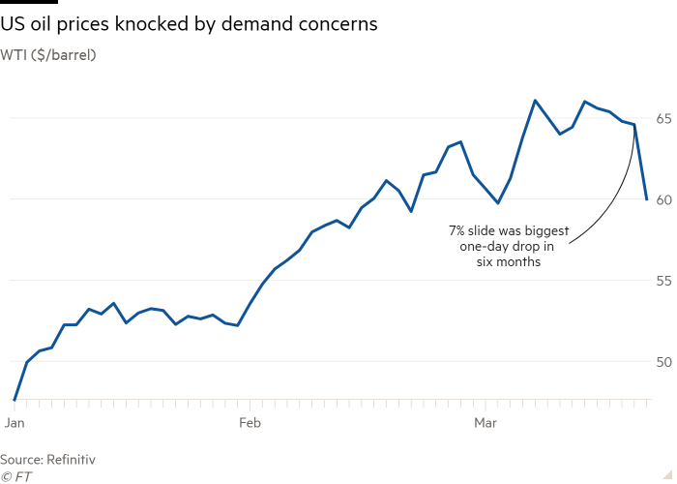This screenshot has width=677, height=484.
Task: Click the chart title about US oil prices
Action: pyautogui.click(x=189, y=23)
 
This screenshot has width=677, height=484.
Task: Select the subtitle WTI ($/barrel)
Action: pyautogui.click(x=54, y=54)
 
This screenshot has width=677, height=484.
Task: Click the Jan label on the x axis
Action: pyautogui.click(x=15, y=423)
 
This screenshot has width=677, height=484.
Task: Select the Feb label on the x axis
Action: pyautogui.click(x=250, y=423)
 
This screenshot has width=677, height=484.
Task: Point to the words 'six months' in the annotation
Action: pyautogui.click(x=509, y=262)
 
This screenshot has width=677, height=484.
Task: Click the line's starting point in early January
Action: pyautogui.click(x=15, y=399)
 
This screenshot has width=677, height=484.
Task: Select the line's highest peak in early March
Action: pyautogui.click(x=535, y=100)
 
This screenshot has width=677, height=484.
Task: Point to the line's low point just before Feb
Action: pyautogui.click(x=237, y=325)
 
